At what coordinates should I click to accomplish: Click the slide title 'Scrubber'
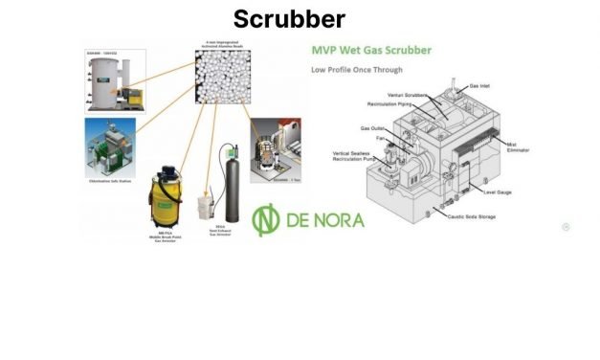(288, 18)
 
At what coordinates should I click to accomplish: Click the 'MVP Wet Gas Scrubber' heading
(370, 50)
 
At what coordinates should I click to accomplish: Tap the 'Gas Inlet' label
(480, 85)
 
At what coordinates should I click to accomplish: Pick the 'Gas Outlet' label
(373, 127)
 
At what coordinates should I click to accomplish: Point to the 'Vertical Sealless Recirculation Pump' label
(359, 157)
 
